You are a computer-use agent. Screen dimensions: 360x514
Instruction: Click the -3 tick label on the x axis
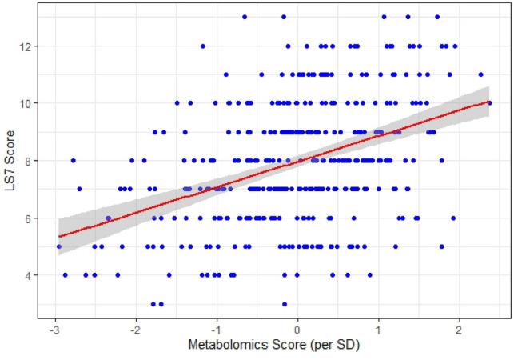click(54, 330)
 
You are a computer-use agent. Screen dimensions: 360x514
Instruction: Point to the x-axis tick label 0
click(297, 330)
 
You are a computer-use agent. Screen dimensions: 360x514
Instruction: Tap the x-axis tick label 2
click(459, 330)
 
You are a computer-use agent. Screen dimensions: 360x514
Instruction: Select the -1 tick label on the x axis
click(216, 330)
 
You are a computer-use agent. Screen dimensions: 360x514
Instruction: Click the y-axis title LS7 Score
click(9, 160)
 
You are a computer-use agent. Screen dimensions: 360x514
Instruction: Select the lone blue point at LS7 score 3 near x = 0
click(285, 304)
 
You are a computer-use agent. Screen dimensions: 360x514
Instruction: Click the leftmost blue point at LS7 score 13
click(245, 17)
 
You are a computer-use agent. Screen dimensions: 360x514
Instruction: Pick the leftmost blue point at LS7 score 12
click(203, 46)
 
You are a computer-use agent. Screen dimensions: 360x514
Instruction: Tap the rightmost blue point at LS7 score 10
click(489, 103)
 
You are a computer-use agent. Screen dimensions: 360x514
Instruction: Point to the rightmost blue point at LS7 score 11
click(480, 74)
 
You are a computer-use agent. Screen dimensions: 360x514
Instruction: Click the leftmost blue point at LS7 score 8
click(73, 160)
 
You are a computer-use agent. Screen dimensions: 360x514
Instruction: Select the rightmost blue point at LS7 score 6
click(453, 218)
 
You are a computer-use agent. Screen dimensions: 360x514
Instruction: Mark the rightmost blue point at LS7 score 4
click(370, 275)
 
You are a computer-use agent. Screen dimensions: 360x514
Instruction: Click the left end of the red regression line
click(59, 237)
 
